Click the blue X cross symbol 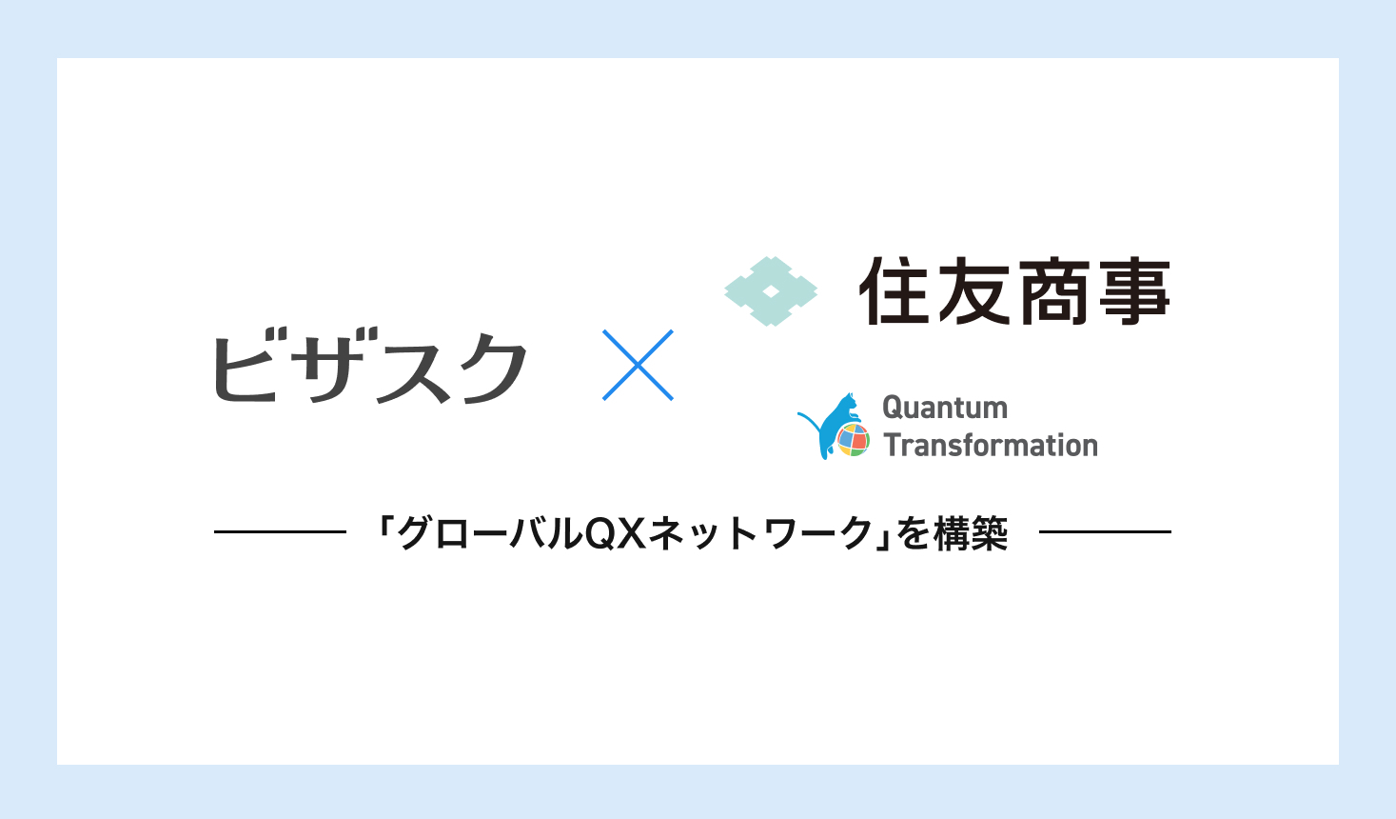click(638, 365)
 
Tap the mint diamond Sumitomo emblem click(771, 291)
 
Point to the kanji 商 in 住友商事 click(1053, 290)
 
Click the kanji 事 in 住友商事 click(1134, 290)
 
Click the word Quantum click(945, 408)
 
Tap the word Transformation click(991, 446)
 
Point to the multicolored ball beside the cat click(854, 440)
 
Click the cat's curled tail click(809, 421)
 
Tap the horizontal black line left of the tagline click(280, 532)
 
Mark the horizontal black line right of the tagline click(1105, 532)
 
